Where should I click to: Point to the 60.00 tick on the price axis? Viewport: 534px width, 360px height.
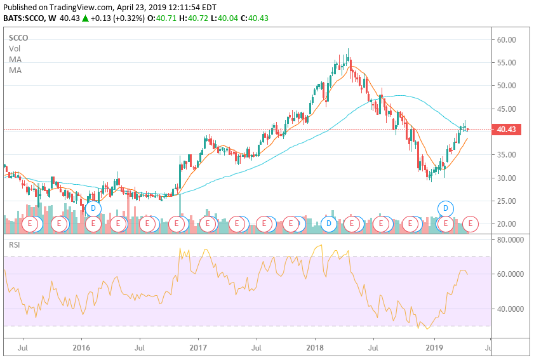(506, 39)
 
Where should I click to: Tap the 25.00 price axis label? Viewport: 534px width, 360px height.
(506, 201)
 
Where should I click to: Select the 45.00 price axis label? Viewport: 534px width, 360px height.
(506, 109)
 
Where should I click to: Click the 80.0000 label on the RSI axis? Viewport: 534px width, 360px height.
(511, 240)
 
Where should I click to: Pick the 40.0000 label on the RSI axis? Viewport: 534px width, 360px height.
(511, 309)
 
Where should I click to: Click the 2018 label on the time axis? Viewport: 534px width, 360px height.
(316, 348)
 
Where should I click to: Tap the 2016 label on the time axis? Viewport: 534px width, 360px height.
(81, 348)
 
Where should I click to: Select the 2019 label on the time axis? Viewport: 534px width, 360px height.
(434, 348)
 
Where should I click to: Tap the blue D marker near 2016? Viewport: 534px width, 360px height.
(93, 208)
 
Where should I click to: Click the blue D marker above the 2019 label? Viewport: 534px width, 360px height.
(446, 208)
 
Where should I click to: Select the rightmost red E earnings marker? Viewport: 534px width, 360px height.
(471, 223)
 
